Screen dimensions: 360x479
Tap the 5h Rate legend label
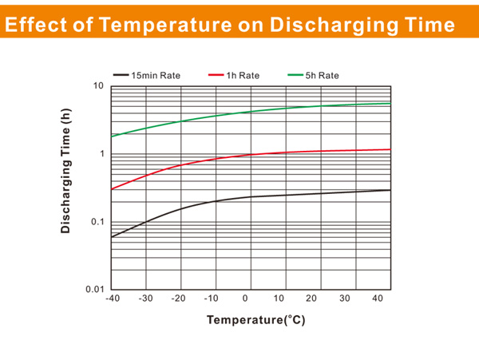click(323, 76)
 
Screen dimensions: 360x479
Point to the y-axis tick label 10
click(100, 85)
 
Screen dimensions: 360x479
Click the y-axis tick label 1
click(102, 153)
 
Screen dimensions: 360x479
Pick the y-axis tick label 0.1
click(98, 221)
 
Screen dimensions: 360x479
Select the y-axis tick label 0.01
click(96, 289)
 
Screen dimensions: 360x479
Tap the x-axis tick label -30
click(144, 299)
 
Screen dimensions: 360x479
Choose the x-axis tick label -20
click(179, 299)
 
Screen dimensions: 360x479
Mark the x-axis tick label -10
click(212, 299)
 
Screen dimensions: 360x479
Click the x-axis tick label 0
click(246, 299)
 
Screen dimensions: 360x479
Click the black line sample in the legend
click(121, 76)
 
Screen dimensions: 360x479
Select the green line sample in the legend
click(294, 76)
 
